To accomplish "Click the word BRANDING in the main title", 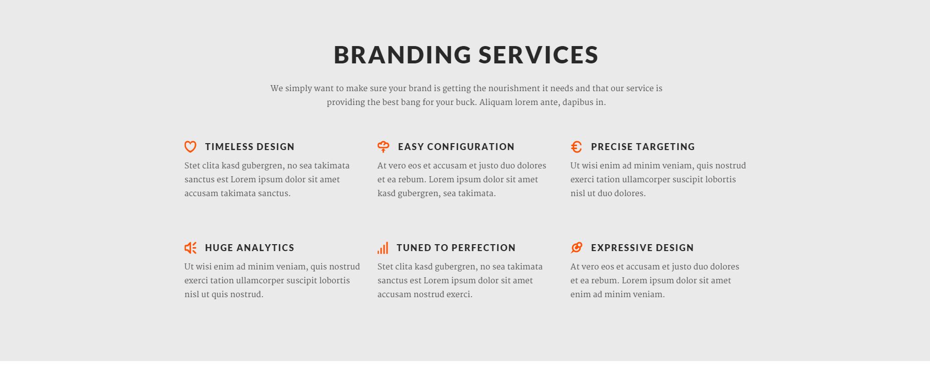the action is [402, 54].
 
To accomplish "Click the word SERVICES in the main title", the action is [539, 54].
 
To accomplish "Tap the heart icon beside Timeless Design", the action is [190, 147].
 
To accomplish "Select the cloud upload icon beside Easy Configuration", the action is [383, 147].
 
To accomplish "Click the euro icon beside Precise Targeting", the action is [576, 147].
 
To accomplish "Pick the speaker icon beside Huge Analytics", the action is [190, 248].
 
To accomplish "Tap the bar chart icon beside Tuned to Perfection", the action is [383, 248].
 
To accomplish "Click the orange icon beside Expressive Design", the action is [576, 248].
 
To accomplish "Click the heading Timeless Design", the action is [250, 147].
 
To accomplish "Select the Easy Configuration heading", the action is [456, 147].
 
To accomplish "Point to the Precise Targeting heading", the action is [643, 147].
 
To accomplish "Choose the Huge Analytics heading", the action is [249, 248].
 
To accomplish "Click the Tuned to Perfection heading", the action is [456, 248].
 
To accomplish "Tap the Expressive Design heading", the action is [642, 248].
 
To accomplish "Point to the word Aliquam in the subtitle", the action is [495, 103].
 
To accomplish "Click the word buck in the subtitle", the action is [466, 103].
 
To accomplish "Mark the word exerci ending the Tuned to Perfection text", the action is [460, 295].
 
